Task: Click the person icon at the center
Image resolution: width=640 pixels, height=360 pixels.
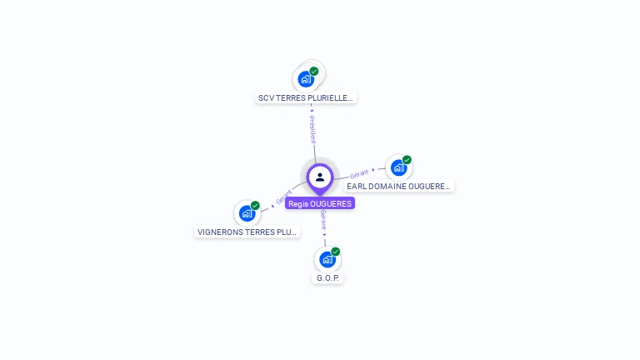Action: pos(320,177)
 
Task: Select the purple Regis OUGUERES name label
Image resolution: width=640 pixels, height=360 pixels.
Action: pos(320,203)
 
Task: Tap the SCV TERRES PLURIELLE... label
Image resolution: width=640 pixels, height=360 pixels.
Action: pos(306,97)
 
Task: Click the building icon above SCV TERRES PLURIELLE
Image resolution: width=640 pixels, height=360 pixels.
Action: pos(306,79)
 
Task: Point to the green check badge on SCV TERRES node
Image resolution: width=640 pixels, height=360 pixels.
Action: pos(314,71)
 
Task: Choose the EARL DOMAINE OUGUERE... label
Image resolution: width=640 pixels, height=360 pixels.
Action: pos(398,187)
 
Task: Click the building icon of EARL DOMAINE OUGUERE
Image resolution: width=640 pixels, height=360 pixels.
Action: pos(398,167)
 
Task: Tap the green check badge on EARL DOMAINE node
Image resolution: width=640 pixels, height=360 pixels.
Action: pos(407,160)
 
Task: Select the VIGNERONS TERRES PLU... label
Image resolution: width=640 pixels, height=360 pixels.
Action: pos(247,232)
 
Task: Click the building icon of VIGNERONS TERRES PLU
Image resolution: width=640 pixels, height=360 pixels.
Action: pos(247,213)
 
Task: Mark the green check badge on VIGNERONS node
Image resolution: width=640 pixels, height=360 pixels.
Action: pos(255,206)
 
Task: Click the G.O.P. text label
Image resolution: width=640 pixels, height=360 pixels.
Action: pos(327,277)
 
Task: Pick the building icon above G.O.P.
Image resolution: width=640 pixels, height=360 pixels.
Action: pos(327,259)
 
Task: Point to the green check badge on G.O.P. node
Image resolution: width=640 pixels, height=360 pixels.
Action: pos(336,252)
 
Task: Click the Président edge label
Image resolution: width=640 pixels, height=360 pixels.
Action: pos(312,130)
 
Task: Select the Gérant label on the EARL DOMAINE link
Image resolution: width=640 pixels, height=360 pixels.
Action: pos(359,173)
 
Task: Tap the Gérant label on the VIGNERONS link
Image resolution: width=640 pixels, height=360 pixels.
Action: pos(284,197)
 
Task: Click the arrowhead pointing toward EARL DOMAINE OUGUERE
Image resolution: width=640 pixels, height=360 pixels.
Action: pos(374,170)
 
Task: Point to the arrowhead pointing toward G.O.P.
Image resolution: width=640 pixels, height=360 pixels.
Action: pos(325,234)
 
